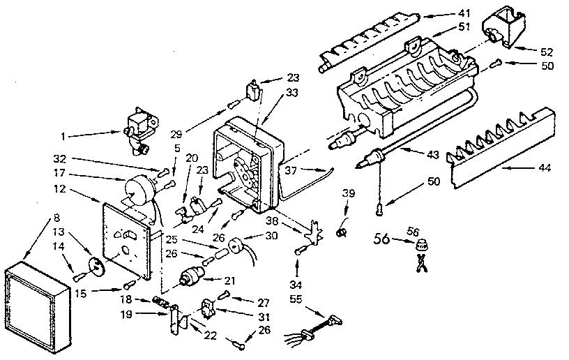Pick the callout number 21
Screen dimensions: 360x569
tap(229, 280)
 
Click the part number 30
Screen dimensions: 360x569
tap(273, 236)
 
